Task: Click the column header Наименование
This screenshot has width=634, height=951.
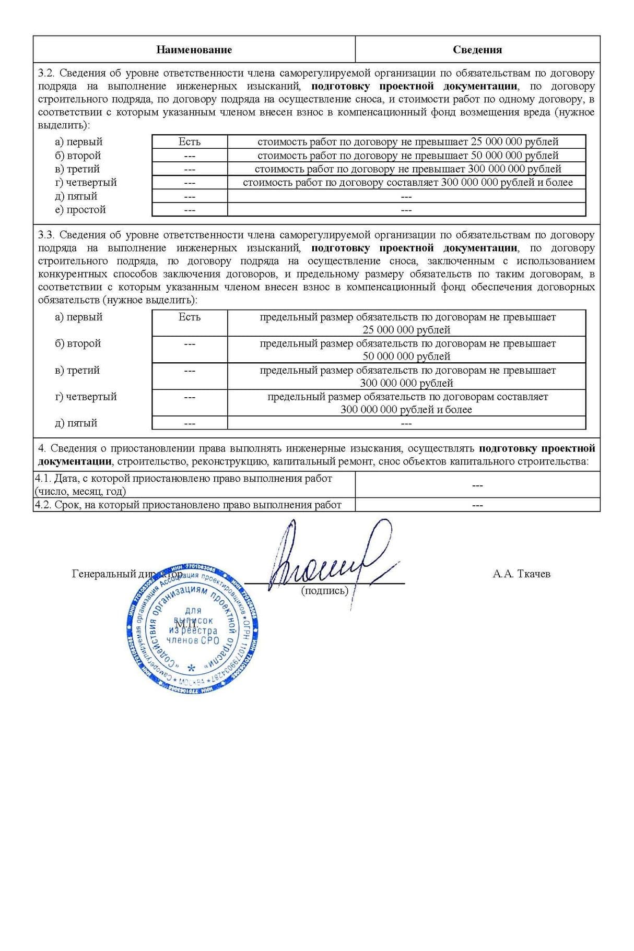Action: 194,50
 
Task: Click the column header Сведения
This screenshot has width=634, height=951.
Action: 477,50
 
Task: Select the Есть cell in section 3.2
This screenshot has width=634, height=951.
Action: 189,141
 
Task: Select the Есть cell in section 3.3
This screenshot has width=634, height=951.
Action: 189,317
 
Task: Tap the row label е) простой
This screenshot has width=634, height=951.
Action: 80,210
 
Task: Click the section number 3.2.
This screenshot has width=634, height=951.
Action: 46,73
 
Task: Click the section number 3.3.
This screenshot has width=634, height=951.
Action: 46,235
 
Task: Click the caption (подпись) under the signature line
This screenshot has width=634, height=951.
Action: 324,590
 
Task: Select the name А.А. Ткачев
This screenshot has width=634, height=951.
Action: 521,574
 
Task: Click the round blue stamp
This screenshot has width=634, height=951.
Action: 194,629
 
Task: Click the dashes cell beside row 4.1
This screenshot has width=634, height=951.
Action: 477,485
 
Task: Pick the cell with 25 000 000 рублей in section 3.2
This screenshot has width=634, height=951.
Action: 407,141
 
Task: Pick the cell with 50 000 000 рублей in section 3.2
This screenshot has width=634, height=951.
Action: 407,156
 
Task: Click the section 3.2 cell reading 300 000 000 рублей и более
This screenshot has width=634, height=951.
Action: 407,183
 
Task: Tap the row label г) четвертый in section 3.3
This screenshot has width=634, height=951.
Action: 86,397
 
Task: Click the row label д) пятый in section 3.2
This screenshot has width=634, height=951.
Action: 76,196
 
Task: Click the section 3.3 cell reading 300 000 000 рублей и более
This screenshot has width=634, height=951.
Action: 406,403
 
